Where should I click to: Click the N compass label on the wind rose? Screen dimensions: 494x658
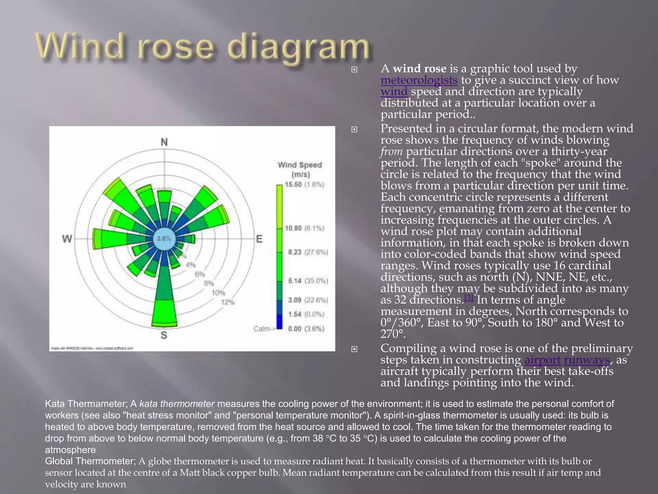click(x=164, y=142)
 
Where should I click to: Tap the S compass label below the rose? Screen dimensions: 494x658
click(x=164, y=335)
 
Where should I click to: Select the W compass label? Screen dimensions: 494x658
click(x=67, y=239)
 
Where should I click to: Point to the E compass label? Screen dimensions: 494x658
click(x=259, y=239)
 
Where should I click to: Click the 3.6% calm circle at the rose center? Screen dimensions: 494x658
click(x=164, y=239)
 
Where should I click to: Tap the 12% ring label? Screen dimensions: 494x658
click(x=227, y=302)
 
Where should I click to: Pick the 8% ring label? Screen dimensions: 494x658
click(x=209, y=283)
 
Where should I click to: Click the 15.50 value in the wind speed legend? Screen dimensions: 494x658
click(x=293, y=184)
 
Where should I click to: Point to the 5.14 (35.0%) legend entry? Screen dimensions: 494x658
click(x=308, y=281)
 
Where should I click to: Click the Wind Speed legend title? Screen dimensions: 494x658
click(x=300, y=169)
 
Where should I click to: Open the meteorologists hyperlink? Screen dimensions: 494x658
click(x=419, y=80)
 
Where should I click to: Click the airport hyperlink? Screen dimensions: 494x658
click(x=542, y=360)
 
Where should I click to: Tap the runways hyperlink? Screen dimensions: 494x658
click(x=587, y=360)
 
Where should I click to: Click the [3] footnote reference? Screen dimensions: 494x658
click(x=469, y=297)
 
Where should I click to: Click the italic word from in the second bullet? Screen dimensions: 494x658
click(x=392, y=151)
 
